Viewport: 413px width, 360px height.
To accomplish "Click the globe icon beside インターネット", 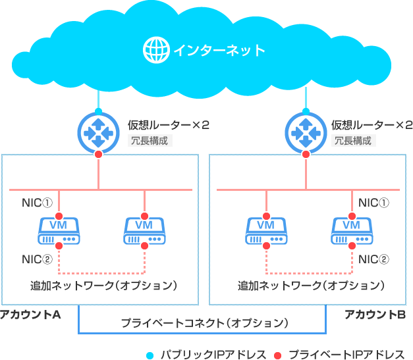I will [156, 49].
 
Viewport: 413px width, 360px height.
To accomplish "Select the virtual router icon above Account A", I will [98, 131].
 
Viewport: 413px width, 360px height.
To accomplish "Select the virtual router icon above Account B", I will [306, 131].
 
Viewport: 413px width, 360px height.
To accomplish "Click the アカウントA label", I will [31, 315].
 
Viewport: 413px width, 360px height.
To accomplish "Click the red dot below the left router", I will [98, 154].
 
